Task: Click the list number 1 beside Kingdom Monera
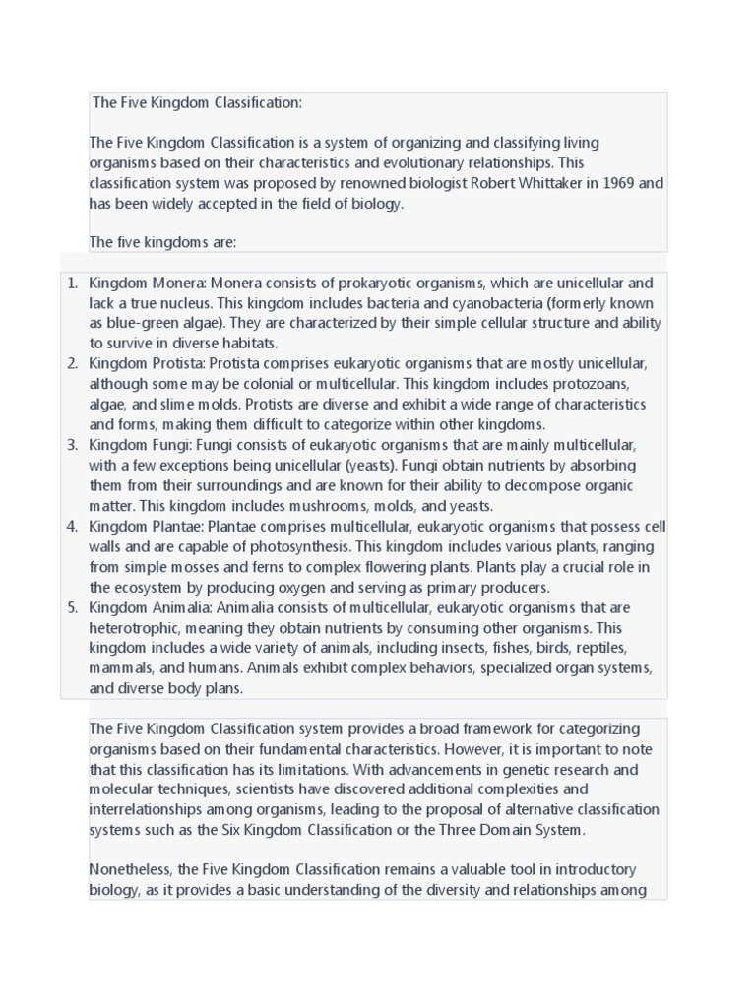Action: click(x=72, y=283)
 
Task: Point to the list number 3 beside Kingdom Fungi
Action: click(x=72, y=445)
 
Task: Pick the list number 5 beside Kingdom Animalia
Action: click(x=72, y=607)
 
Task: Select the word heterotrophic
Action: click(x=136, y=628)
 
